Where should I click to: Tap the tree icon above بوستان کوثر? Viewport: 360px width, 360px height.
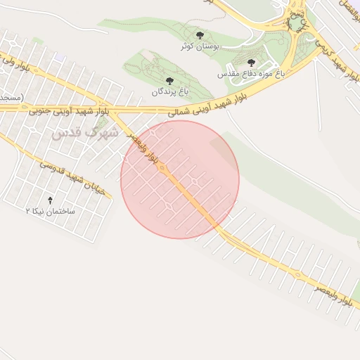point(200,35)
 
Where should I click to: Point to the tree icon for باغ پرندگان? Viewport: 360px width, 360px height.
point(169,81)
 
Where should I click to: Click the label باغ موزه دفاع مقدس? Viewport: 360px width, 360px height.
point(250,73)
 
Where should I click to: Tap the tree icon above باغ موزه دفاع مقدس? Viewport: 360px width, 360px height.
point(251,63)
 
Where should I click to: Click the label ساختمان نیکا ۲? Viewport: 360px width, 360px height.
point(50,211)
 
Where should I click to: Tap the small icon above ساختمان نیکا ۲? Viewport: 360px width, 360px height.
point(49,200)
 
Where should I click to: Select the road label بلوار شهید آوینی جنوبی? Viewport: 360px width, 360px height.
point(70,111)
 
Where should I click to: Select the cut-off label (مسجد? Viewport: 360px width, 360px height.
point(10,96)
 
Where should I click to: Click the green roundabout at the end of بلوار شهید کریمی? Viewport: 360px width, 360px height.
point(296,25)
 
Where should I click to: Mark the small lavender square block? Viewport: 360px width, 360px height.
point(355,6)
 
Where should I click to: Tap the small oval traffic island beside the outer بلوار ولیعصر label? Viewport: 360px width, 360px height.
point(298,274)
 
